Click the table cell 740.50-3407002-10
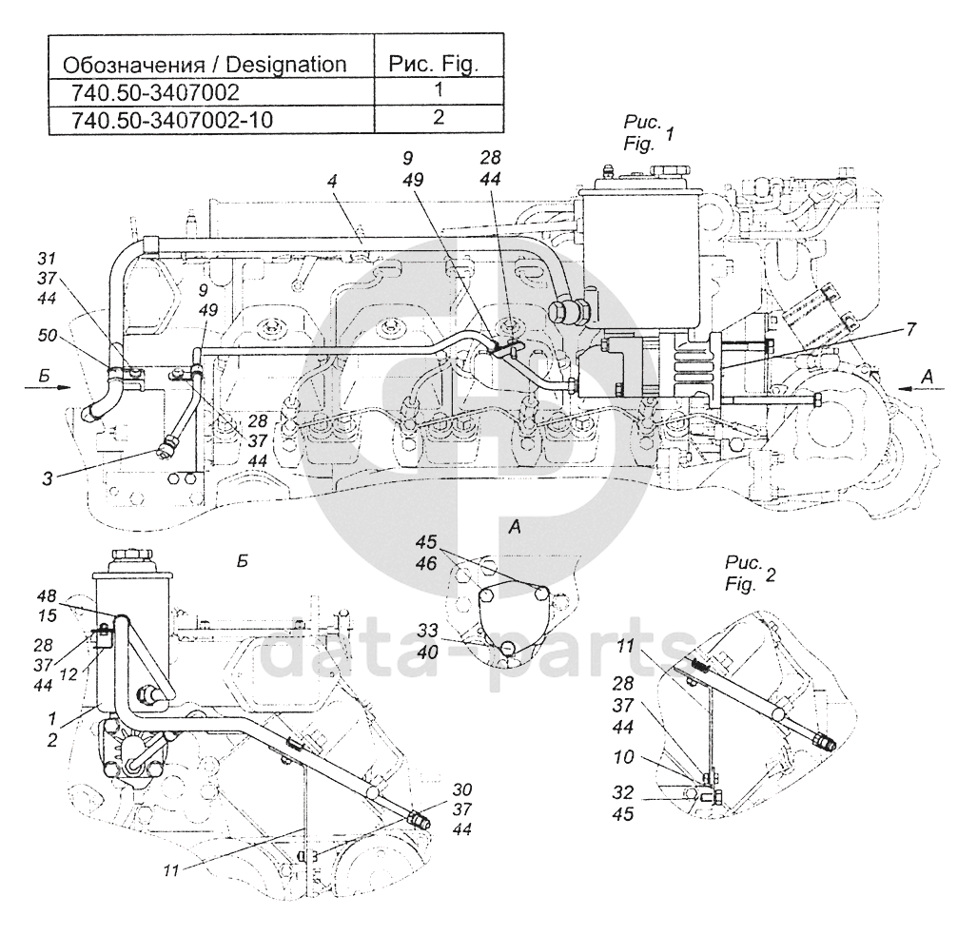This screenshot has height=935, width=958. click(172, 120)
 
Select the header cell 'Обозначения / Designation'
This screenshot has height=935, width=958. click(205, 64)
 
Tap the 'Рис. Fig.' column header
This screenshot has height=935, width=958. click(434, 64)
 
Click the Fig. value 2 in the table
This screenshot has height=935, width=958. click(439, 117)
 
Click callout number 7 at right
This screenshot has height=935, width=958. click(911, 329)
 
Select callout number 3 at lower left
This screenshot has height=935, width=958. click(48, 478)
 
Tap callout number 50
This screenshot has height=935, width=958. click(47, 335)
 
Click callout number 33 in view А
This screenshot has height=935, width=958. click(428, 630)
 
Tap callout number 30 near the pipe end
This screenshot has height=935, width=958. click(462, 789)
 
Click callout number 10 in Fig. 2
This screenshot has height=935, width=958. click(624, 757)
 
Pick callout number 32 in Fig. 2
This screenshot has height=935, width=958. click(623, 792)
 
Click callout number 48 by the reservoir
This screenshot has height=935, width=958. click(47, 595)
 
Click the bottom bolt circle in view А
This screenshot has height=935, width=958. click(508, 648)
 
